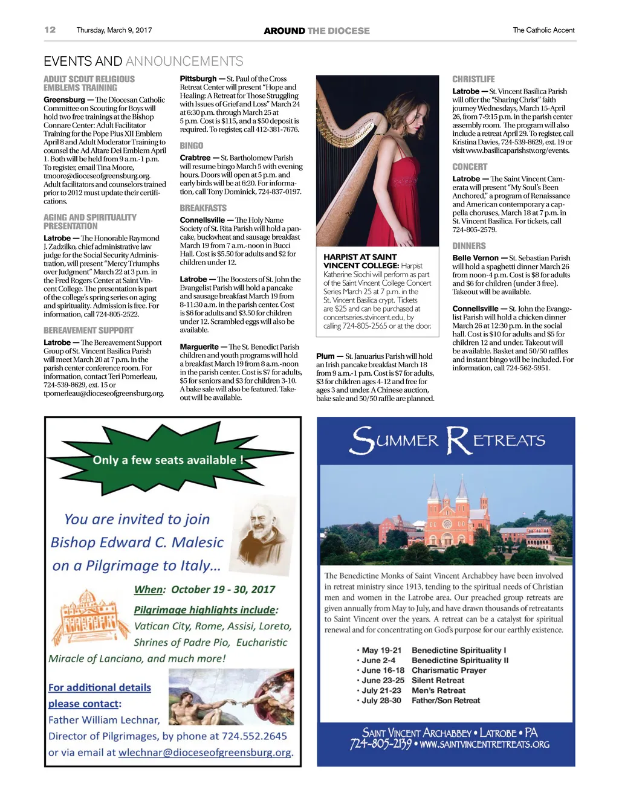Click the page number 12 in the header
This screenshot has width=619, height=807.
pyautogui.click(x=50, y=30)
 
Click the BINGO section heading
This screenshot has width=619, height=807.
pyautogui.click(x=191, y=146)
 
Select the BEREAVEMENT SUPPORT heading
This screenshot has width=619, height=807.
pyautogui.click(x=88, y=330)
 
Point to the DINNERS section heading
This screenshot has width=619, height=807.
pyautogui.click(x=469, y=246)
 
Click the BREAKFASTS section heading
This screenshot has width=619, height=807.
pyautogui.click(x=203, y=208)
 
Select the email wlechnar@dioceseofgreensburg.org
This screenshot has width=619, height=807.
pyautogui.click(x=205, y=753)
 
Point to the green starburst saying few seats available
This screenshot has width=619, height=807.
pyautogui.click(x=167, y=460)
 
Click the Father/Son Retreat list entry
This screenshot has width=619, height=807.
pyautogui.click(x=446, y=701)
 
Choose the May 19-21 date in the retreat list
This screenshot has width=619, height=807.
pyautogui.click(x=381, y=651)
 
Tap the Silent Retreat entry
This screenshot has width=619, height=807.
pyautogui.click(x=438, y=681)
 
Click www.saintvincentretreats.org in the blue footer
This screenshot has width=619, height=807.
pyautogui.click(x=485, y=745)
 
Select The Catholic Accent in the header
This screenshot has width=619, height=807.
pyautogui.click(x=543, y=30)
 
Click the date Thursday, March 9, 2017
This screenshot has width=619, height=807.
pyautogui.click(x=114, y=30)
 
